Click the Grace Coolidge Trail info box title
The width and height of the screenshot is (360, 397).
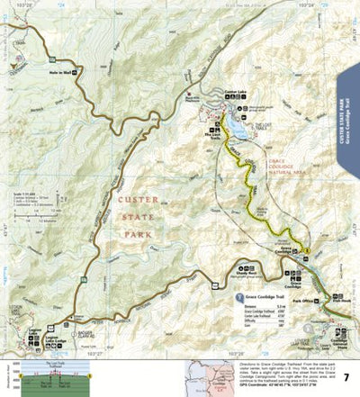tap(271, 294)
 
